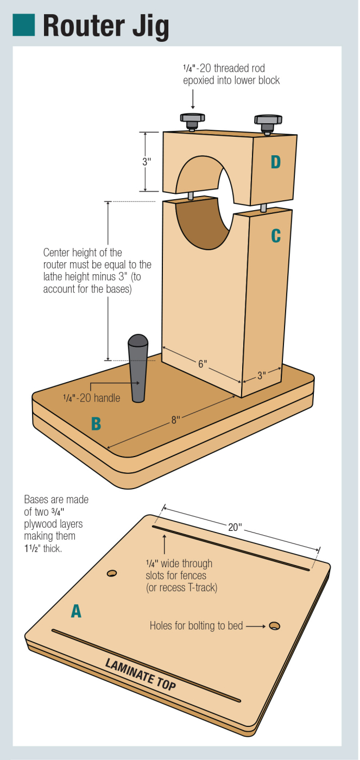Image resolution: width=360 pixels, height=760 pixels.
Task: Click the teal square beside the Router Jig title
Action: click(x=23, y=24)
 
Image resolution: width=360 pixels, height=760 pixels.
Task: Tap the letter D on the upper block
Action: click(x=276, y=162)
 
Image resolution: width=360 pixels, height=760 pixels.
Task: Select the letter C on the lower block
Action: click(x=276, y=235)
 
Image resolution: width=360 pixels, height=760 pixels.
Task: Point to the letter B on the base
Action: click(x=96, y=423)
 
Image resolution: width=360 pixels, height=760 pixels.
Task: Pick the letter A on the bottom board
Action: click(x=77, y=612)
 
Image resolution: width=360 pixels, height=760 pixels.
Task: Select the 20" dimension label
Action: click(x=235, y=527)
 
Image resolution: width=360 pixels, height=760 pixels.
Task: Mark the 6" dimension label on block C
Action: click(x=202, y=363)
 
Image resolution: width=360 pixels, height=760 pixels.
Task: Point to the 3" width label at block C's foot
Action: click(x=261, y=375)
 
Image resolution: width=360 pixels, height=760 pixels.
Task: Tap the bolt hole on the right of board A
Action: click(x=275, y=626)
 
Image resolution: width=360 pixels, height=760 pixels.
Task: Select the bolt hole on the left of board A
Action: click(x=112, y=573)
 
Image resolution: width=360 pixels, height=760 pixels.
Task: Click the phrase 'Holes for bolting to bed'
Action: click(x=196, y=626)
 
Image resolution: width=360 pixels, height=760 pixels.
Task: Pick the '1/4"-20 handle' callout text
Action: click(x=91, y=398)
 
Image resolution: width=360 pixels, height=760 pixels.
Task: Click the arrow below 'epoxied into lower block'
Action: click(x=192, y=99)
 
